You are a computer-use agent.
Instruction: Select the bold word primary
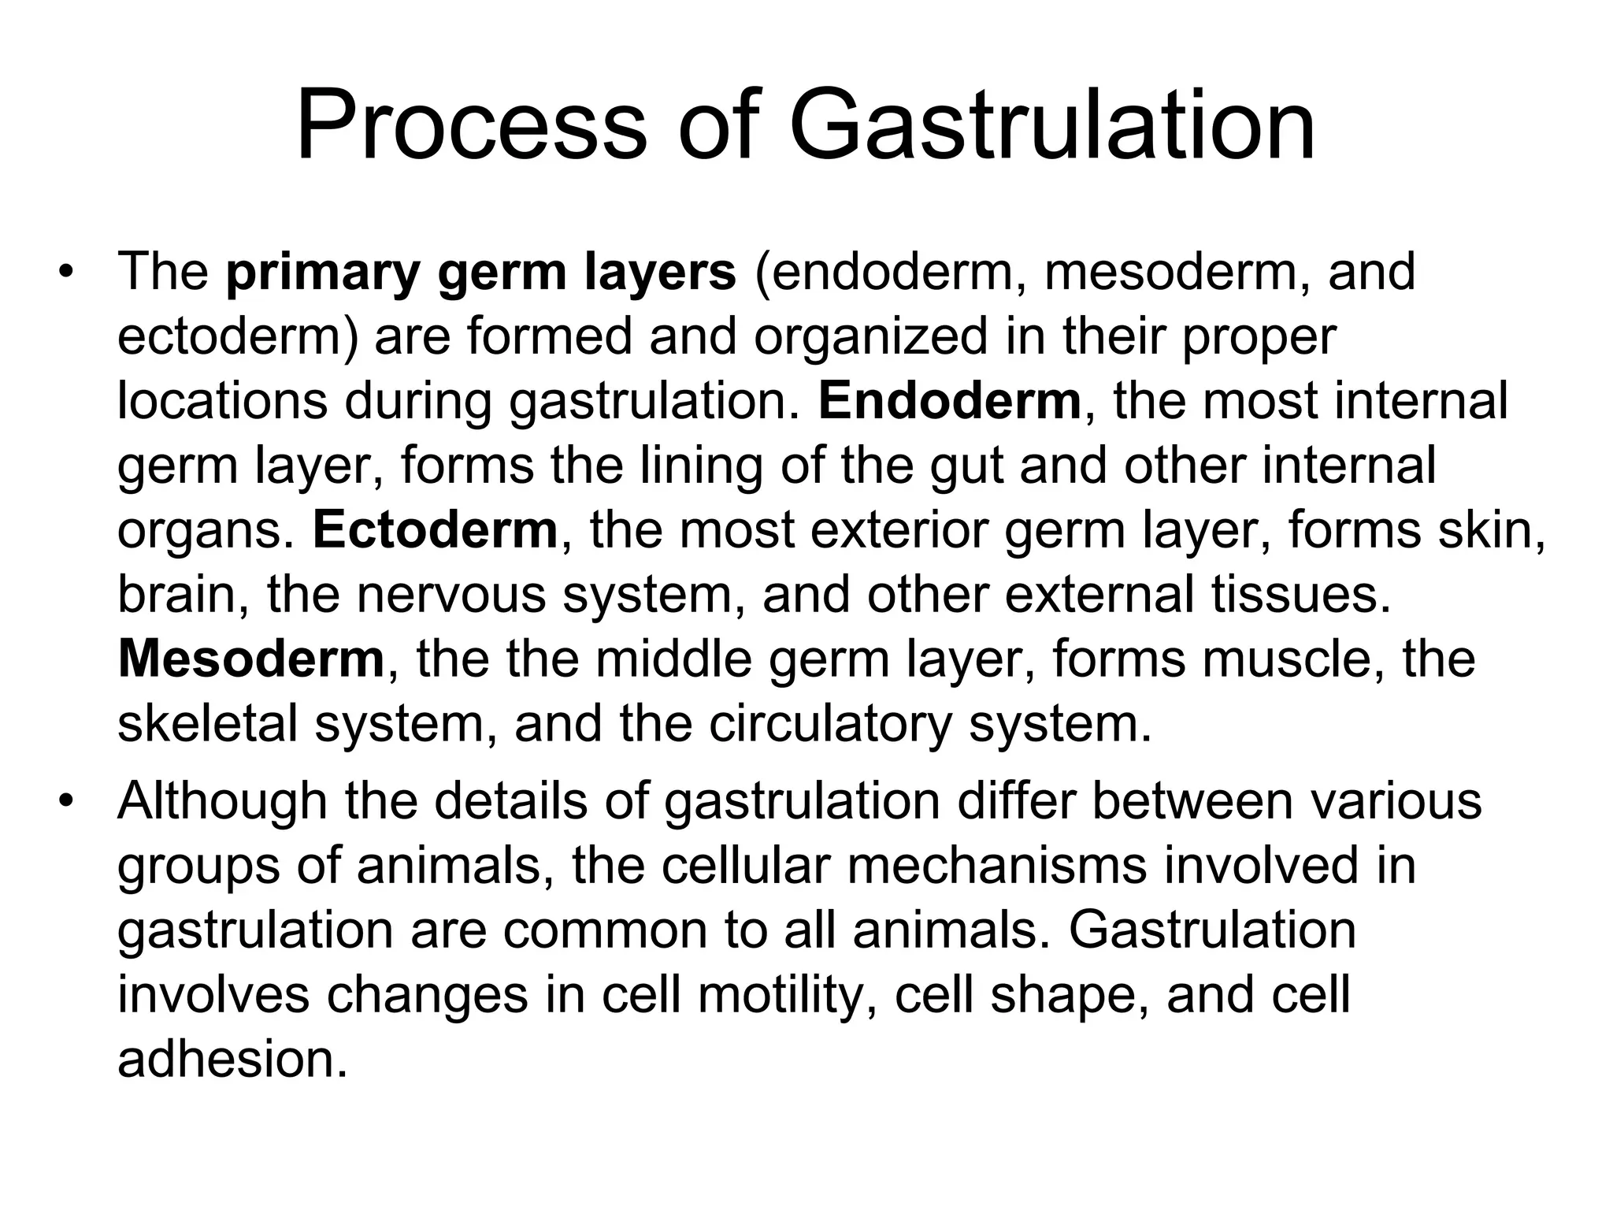(324, 273)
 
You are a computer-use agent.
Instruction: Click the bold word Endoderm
(950, 401)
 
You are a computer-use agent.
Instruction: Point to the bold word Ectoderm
(436, 530)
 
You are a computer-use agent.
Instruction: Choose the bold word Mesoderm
(251, 659)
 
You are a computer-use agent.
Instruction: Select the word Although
(222, 801)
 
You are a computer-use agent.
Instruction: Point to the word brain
(183, 595)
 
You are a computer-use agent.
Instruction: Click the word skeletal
(207, 724)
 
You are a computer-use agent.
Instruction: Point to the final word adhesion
(232, 1060)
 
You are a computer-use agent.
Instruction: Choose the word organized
(870, 338)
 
